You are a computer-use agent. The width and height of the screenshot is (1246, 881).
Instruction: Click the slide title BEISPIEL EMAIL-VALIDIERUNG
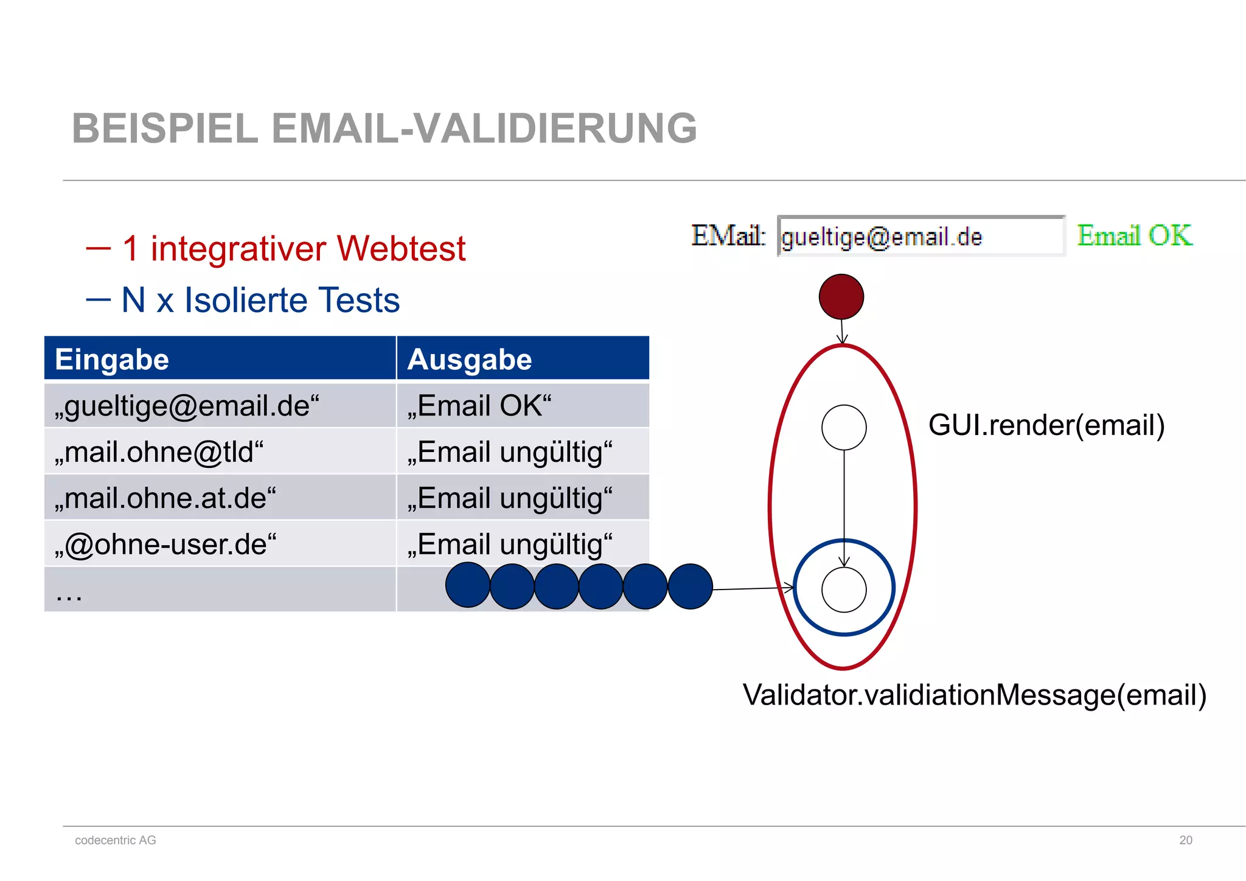tap(384, 128)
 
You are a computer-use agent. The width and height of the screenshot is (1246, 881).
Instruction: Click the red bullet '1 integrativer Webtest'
tap(294, 249)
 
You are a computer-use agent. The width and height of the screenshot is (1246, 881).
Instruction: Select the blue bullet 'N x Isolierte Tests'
tap(260, 300)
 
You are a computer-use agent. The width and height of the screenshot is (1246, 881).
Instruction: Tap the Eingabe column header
tap(112, 359)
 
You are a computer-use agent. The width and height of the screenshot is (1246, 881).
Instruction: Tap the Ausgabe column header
tap(470, 359)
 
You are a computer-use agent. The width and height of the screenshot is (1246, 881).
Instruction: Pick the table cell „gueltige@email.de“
tap(187, 406)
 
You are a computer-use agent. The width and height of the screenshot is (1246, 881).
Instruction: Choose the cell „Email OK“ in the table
tap(479, 406)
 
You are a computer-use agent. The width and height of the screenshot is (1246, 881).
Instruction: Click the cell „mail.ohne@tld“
tap(159, 452)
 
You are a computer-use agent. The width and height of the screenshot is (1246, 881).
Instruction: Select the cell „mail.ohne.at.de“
tap(165, 498)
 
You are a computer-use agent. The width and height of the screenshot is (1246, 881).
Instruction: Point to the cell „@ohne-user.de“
tap(165, 544)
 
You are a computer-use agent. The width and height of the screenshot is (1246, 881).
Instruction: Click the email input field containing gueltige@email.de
tap(921, 236)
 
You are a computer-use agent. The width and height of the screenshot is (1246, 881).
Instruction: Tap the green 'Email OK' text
tap(1135, 235)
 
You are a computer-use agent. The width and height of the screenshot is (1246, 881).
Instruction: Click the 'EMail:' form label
tap(728, 235)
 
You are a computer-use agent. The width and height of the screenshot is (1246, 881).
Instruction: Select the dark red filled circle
tap(841, 297)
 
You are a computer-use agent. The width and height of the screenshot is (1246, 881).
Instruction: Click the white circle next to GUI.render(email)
tap(844, 428)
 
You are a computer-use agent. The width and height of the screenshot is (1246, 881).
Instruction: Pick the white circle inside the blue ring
tap(844, 590)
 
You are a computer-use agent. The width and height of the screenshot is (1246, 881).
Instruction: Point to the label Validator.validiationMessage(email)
tap(975, 695)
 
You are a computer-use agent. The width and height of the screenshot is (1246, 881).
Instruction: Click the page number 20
tap(1186, 840)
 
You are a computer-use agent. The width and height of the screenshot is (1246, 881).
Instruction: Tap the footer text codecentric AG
tap(116, 840)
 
